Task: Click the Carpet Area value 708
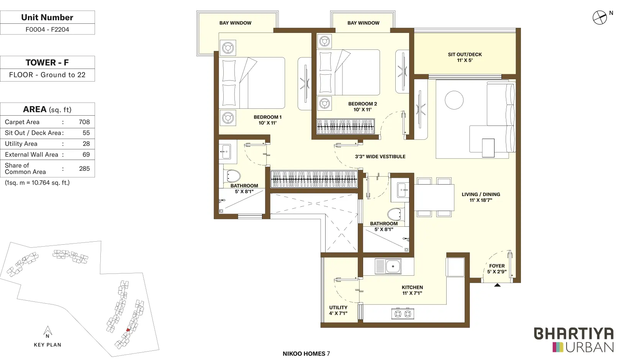click(84, 122)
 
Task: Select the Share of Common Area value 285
click(84, 169)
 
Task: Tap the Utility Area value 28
click(86, 144)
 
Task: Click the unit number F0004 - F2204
click(47, 29)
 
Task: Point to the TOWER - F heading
click(47, 62)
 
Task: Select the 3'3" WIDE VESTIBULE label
click(380, 157)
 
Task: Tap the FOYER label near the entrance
click(497, 266)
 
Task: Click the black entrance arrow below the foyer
click(498, 285)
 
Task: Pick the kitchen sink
click(388, 266)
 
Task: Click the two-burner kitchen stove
click(403, 314)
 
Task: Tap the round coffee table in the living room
click(454, 100)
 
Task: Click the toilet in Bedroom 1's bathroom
click(233, 176)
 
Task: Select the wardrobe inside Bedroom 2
click(346, 127)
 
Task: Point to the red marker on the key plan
click(128, 330)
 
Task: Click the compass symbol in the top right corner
click(599, 18)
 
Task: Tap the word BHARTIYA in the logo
click(574, 334)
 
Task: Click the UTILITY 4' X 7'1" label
click(338, 310)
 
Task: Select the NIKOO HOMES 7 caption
click(306, 353)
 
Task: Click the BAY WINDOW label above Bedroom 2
click(364, 23)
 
